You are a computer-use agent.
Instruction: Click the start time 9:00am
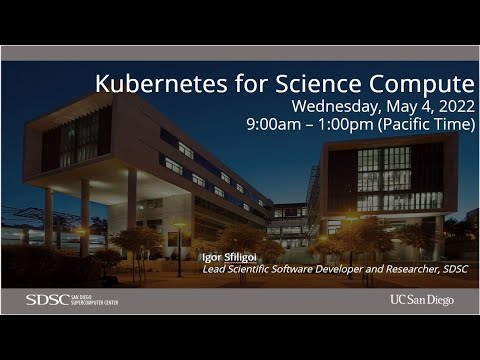tap(301, 125)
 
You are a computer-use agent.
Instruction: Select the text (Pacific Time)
tap(436, 125)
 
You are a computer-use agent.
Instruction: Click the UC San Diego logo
tap(421, 299)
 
